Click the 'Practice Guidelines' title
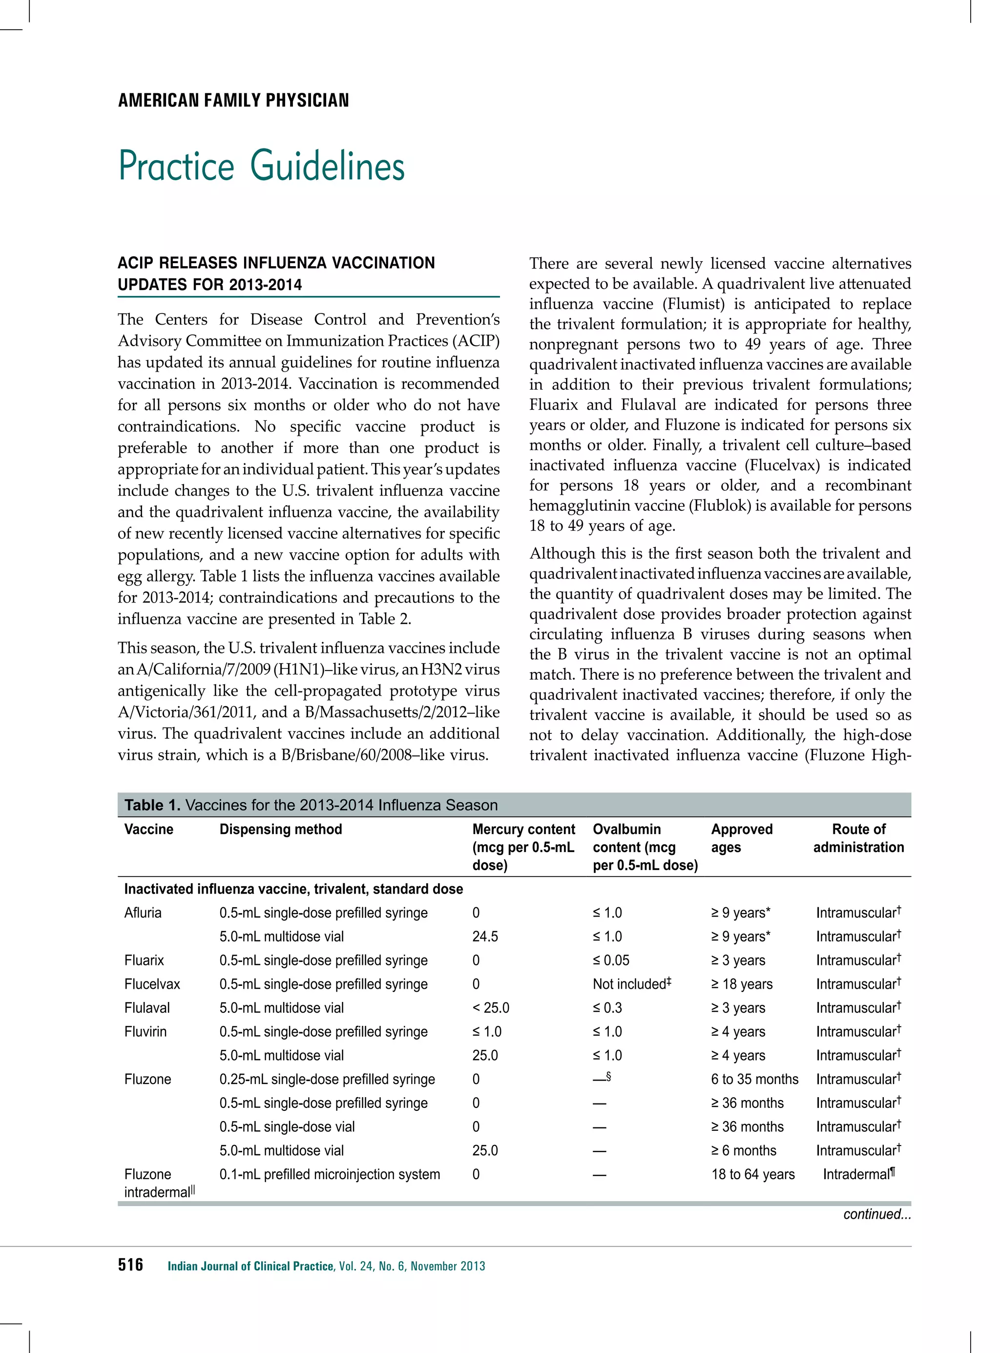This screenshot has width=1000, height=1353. coord(262,166)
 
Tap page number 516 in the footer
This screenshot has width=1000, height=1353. coord(131,1265)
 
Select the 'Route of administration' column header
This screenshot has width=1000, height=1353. coord(858,838)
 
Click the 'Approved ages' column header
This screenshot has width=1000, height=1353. coord(742,838)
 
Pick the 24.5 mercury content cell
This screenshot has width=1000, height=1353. coord(485,937)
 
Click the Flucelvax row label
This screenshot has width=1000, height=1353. coord(152,984)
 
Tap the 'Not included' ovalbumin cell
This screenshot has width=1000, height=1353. coord(631,984)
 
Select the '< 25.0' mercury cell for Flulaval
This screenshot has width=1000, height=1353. coord(490,1008)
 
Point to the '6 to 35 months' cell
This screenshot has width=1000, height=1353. coord(754,1080)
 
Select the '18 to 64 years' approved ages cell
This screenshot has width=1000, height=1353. coord(752,1174)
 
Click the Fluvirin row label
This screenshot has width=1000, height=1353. coord(146,1032)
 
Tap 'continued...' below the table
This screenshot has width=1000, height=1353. coord(876,1214)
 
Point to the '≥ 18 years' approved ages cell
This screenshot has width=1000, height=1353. coord(742,984)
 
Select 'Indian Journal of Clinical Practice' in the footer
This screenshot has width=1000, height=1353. coord(250,1266)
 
